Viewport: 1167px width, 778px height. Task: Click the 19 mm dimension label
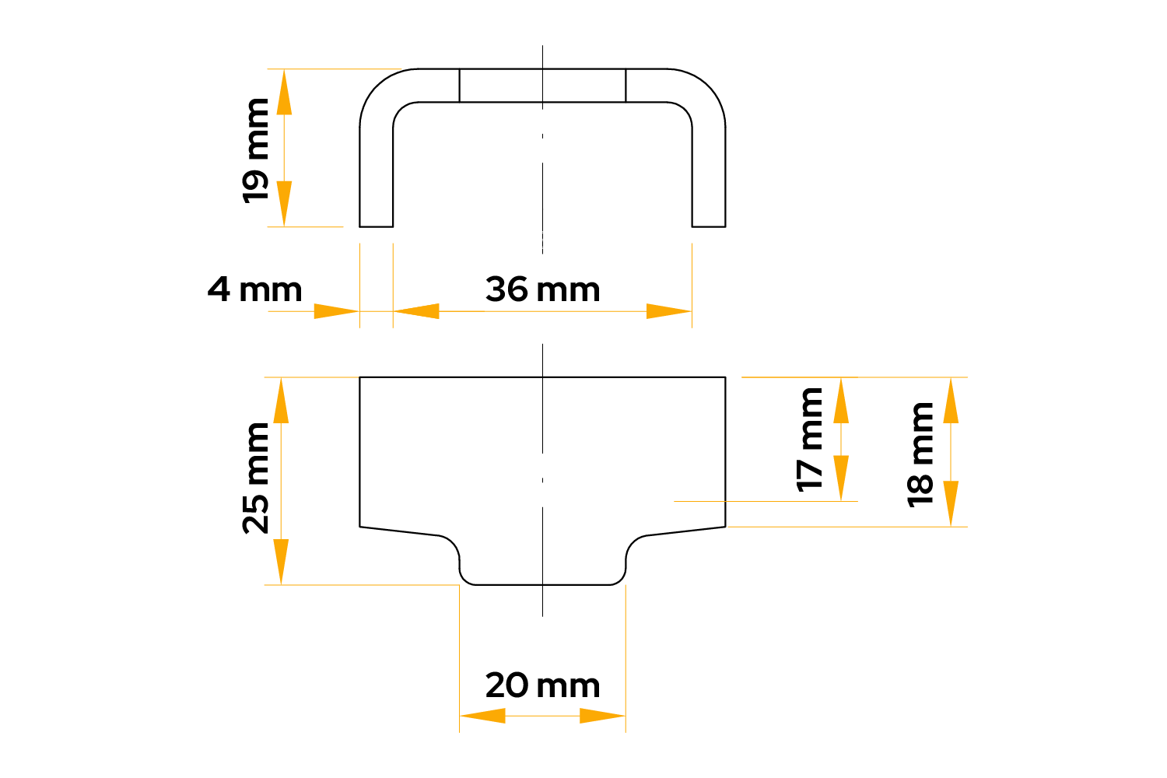point(255,151)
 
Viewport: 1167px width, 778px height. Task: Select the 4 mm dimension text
point(254,289)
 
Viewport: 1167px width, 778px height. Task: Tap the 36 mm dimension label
point(542,289)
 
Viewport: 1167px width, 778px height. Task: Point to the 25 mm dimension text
point(255,478)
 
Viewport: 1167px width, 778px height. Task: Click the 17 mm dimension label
point(809,440)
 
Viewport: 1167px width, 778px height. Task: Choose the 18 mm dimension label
point(920,455)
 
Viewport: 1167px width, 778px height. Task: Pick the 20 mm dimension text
point(542,685)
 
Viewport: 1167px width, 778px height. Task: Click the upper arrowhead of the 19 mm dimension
point(284,92)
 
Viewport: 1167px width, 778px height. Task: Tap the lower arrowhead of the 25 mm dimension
point(281,562)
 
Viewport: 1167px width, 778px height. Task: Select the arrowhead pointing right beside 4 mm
point(337,311)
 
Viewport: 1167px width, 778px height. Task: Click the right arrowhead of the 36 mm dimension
point(669,311)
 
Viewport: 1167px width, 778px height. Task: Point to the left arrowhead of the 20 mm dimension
point(482,716)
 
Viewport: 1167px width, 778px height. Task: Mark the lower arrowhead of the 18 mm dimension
point(951,504)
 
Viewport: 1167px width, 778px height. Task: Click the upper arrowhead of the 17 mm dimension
point(841,400)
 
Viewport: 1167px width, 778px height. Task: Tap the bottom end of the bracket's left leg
point(376,226)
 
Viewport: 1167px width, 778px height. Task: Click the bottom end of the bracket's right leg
point(709,226)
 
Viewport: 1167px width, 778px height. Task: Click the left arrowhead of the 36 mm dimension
point(416,311)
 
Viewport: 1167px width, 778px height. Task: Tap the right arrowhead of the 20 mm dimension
point(602,716)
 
